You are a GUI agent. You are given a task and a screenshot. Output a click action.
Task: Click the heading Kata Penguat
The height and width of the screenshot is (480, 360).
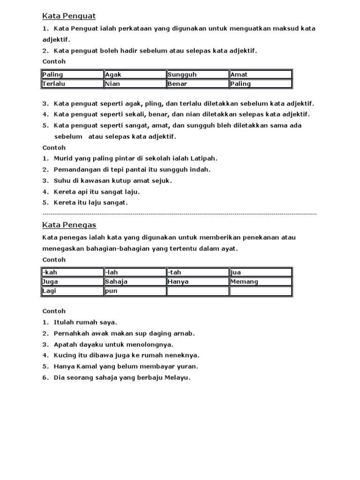pos(69,16)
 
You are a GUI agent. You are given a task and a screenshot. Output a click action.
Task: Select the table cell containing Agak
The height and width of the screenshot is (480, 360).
pos(135,75)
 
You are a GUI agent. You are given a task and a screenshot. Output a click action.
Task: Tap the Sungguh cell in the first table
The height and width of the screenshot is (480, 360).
pos(198,75)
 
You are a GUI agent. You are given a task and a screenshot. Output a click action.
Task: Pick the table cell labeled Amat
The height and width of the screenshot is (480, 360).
pos(261,75)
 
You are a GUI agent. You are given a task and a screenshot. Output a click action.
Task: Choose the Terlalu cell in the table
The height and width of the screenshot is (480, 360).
pos(72,84)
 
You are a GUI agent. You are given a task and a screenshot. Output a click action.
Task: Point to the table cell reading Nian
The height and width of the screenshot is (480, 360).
pos(135,84)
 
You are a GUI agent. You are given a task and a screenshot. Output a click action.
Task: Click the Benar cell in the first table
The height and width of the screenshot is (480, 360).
pos(198,84)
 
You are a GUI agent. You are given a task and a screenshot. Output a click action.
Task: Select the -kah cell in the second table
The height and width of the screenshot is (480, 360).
pos(72,272)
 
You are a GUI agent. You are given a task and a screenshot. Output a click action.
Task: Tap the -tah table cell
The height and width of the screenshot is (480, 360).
pos(198,272)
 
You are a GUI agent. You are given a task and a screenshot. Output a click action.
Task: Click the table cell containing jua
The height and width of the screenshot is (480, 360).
pos(261,272)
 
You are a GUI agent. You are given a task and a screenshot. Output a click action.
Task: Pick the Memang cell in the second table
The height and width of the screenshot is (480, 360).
pos(261,282)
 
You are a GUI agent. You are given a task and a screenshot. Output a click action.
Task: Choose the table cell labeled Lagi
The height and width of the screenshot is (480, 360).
pos(72,291)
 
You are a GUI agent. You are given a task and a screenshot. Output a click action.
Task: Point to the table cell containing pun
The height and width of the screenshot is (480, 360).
pos(135,291)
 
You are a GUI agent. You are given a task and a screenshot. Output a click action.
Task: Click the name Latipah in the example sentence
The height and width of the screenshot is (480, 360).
pos(203,158)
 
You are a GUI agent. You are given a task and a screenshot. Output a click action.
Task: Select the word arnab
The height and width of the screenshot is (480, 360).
pos(184,333)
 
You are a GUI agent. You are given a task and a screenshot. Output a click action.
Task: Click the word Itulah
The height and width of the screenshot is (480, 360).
pos(65,322)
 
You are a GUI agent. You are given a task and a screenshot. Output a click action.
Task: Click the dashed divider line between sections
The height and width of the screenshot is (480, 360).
pos(180,214)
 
